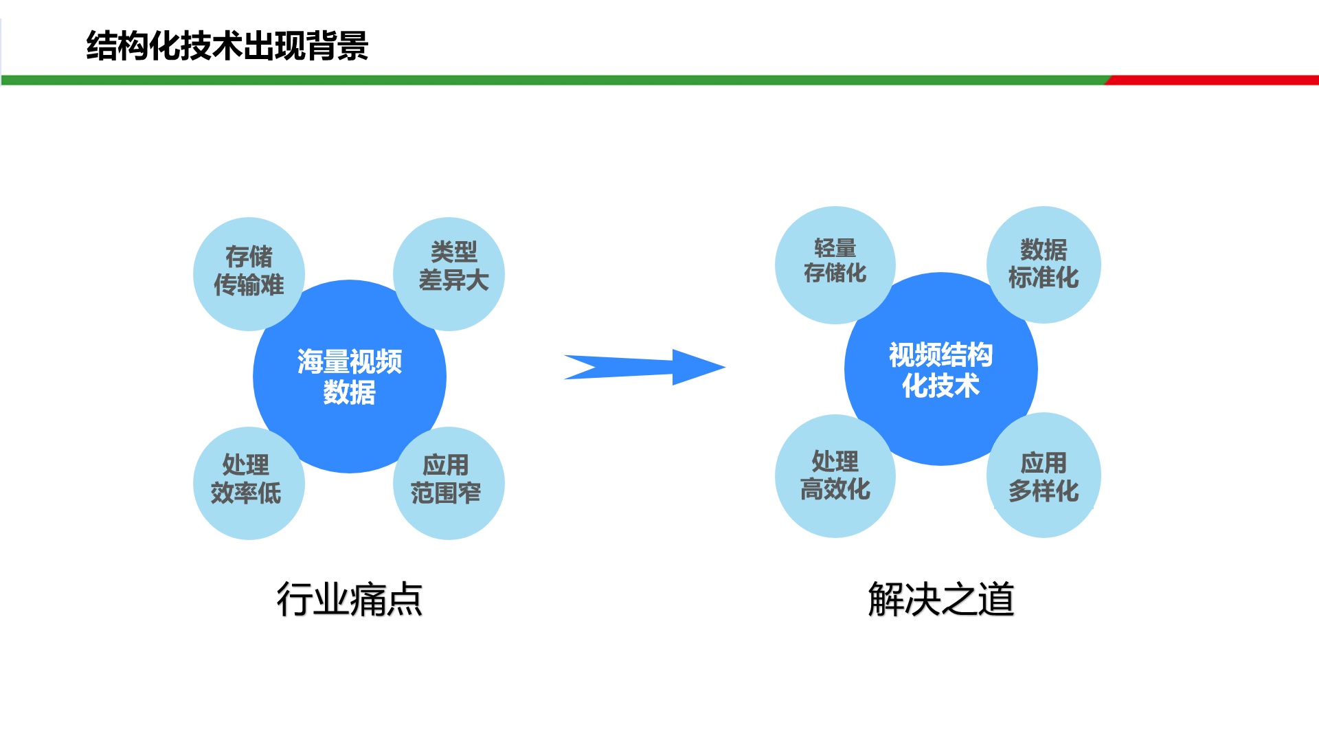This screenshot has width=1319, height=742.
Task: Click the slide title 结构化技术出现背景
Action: click(x=227, y=46)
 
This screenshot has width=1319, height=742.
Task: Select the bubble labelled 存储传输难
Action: click(x=249, y=274)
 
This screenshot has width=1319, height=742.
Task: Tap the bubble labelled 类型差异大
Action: click(x=449, y=274)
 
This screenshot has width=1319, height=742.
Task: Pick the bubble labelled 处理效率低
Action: click(x=249, y=483)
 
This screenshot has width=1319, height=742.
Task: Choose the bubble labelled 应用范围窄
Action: click(x=449, y=483)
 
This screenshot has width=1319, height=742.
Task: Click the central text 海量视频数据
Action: click(x=350, y=376)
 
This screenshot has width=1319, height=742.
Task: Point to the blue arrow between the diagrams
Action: click(x=644, y=367)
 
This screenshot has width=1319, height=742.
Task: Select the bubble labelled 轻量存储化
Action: click(x=835, y=265)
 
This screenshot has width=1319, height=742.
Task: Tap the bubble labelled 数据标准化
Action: click(x=1044, y=265)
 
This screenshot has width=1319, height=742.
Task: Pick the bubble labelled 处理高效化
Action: click(x=835, y=476)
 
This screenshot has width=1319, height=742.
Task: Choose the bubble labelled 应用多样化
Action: click(x=1044, y=475)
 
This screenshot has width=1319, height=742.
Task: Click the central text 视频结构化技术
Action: click(x=941, y=370)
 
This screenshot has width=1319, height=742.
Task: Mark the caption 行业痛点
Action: click(x=350, y=599)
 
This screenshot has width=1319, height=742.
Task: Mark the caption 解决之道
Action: click(x=941, y=599)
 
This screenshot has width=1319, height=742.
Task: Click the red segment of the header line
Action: click(x=1212, y=80)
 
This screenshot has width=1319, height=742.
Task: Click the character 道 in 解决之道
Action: click(x=996, y=599)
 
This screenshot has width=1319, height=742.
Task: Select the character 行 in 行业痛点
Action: click(x=295, y=599)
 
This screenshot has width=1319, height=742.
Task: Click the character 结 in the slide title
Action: click(x=102, y=46)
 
